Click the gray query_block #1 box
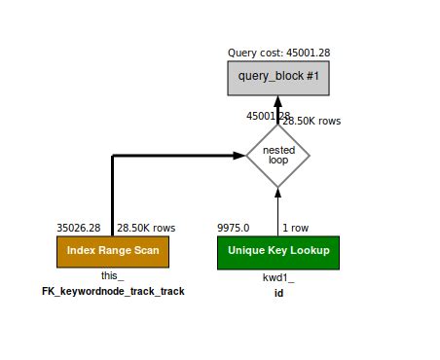277,76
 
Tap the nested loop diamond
277,155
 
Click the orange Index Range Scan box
113,251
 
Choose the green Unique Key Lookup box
277,251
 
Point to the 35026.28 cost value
79,228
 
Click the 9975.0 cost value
234,228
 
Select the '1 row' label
297,228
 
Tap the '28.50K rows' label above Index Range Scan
146,228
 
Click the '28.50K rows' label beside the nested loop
312,122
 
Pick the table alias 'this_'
113,276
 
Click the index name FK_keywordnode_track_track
113,291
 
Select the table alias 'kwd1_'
277,276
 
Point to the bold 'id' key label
277,291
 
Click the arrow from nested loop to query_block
277,110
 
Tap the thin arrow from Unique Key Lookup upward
277,209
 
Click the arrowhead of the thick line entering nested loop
239,155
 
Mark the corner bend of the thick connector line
113,156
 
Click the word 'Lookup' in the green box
309,251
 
